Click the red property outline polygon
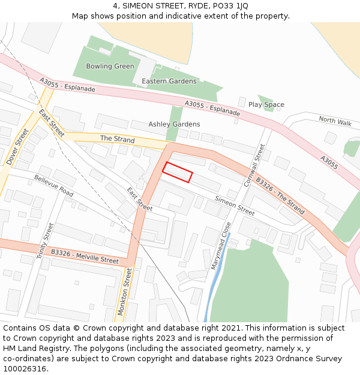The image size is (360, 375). point(177,172)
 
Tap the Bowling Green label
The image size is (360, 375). point(110,67)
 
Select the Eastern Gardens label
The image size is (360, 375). point(169,81)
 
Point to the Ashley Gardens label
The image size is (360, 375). point(174,124)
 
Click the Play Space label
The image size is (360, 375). point(266,104)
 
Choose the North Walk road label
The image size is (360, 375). point(335,121)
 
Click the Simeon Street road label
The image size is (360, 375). point(235,206)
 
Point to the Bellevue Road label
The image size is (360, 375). point(53,186)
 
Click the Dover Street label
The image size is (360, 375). point(17,147)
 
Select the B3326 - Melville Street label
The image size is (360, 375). point(85,256)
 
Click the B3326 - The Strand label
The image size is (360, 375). point(280,196)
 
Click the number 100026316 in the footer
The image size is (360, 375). point(25,368)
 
